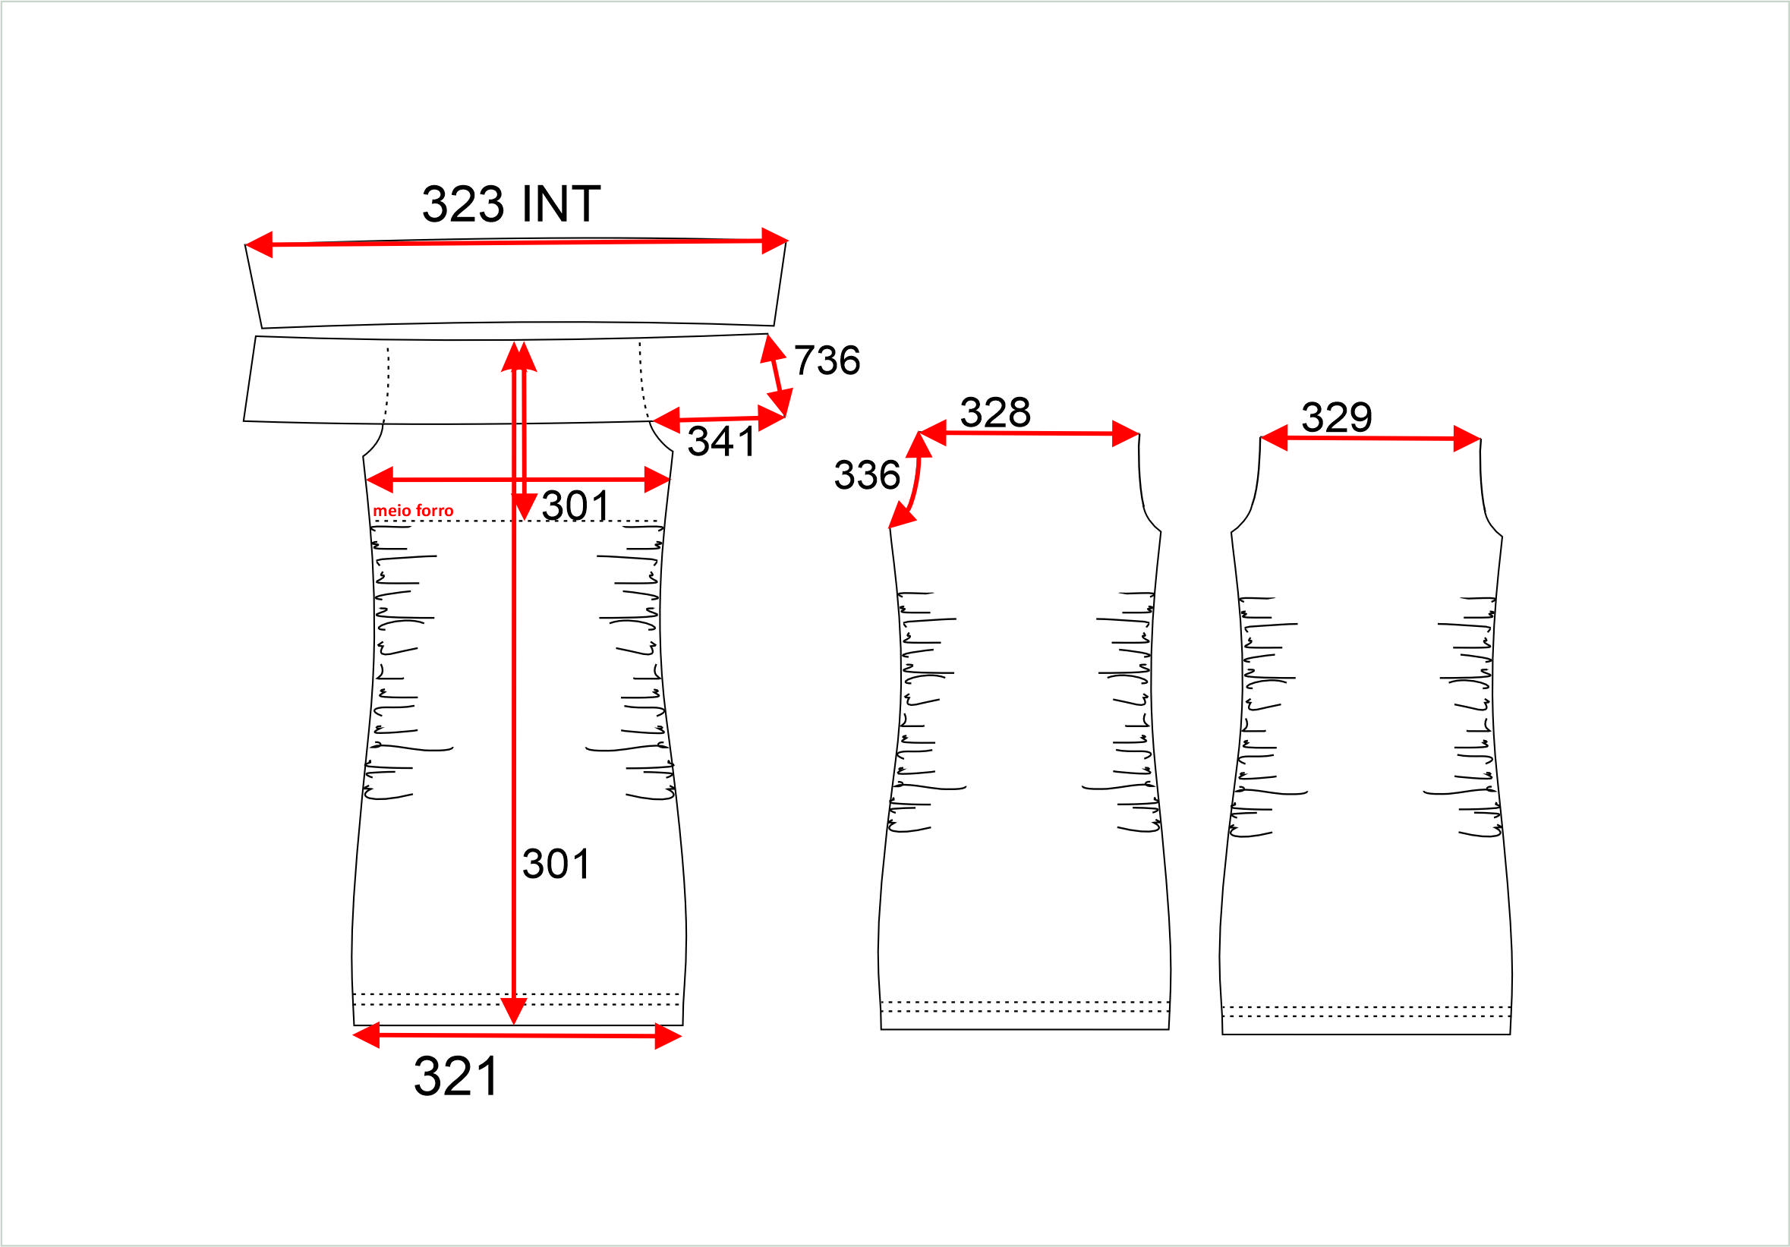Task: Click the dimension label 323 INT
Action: click(512, 204)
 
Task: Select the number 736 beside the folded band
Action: click(827, 360)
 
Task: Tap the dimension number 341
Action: click(721, 441)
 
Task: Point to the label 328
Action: click(994, 412)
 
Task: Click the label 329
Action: click(1336, 417)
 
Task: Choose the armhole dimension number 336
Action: click(867, 474)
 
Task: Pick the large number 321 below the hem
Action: click(456, 1077)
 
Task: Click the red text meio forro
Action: click(413, 511)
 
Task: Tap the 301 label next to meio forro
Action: click(575, 505)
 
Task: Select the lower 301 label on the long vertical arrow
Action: click(556, 864)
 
